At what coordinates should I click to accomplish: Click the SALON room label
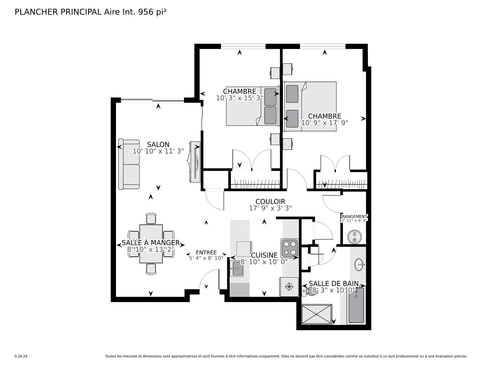(x=158, y=144)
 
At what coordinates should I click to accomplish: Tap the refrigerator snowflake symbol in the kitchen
(x=289, y=287)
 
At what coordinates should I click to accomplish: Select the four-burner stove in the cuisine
(x=290, y=248)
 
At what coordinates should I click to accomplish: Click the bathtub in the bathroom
(x=356, y=305)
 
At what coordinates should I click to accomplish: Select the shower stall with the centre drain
(x=317, y=314)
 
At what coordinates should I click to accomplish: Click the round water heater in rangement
(x=354, y=237)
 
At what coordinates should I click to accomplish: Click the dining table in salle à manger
(x=151, y=244)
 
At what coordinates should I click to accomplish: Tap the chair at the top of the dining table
(x=151, y=218)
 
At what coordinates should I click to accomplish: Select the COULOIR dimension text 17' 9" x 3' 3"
(x=270, y=208)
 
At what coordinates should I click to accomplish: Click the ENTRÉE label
(x=206, y=253)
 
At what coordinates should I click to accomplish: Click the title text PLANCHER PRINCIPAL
(x=58, y=12)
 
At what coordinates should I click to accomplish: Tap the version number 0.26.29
(x=21, y=356)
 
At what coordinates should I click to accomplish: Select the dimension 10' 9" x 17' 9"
(x=324, y=123)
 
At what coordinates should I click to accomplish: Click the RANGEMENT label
(x=354, y=216)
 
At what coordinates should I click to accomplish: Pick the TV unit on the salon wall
(x=195, y=162)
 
